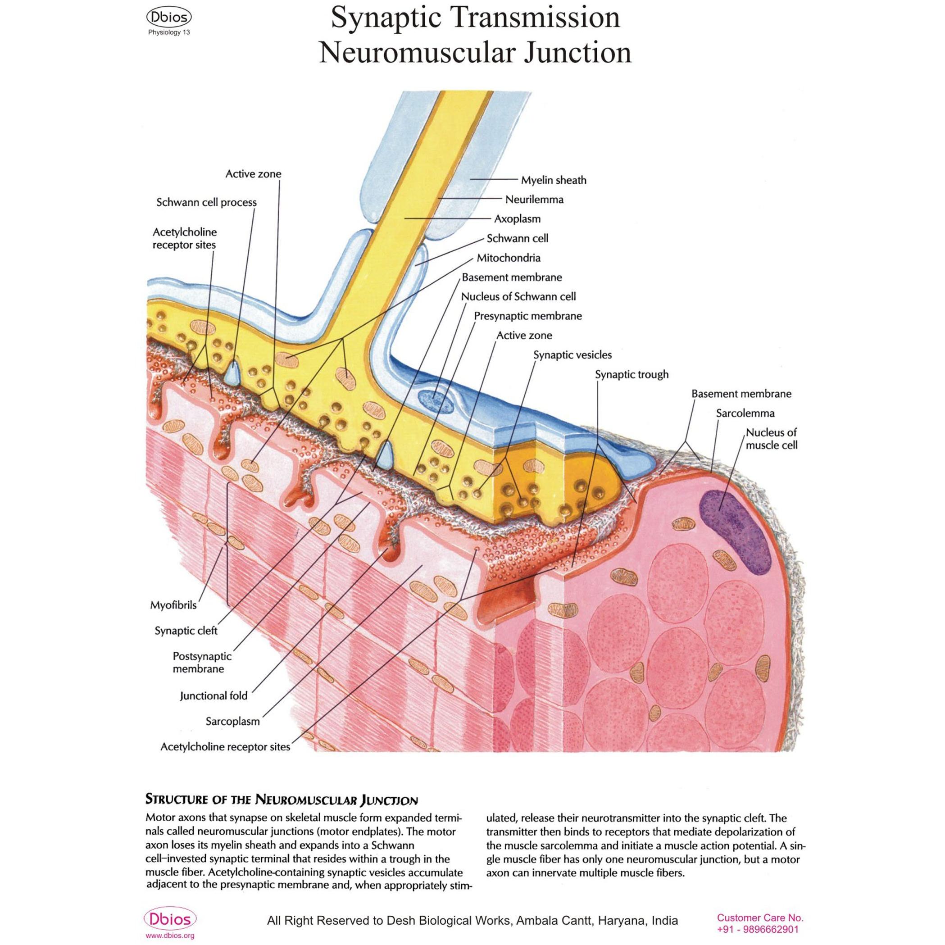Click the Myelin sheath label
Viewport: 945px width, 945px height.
553,180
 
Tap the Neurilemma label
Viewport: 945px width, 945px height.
534,200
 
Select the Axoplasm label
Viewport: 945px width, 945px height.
517,218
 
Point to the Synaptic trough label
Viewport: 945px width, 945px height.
632,374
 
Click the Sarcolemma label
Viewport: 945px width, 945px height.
745,413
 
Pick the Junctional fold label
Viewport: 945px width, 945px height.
214,695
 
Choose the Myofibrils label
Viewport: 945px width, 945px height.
173,605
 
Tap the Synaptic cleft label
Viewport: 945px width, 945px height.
186,631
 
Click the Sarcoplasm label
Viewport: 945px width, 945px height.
233,721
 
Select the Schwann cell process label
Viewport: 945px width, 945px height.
206,203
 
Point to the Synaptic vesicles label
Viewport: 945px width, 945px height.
572,355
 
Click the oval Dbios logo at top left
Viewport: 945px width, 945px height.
169,18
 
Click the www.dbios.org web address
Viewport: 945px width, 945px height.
170,936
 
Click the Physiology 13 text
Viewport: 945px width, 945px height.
169,33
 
